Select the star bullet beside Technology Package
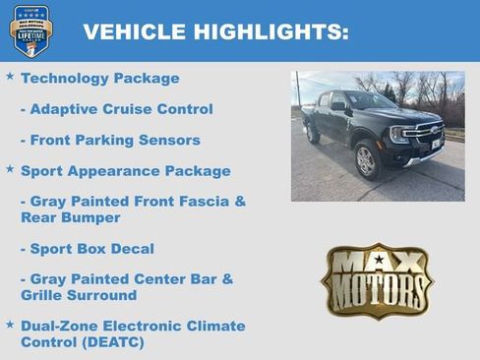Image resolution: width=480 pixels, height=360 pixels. (10, 76)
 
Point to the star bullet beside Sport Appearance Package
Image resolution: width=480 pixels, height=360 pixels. (10, 169)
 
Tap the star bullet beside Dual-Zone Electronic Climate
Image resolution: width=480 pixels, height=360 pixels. (10, 324)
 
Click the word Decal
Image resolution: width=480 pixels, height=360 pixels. (131, 248)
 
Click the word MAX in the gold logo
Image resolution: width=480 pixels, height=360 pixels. (377, 263)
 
